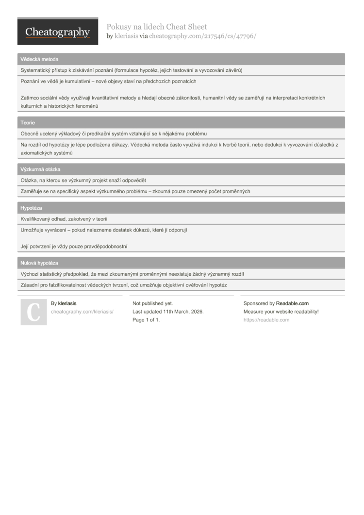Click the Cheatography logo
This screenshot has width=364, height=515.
[x=58, y=32]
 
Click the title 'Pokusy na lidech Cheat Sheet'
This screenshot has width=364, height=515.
[x=157, y=27]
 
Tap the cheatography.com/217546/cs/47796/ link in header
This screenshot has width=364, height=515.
[x=202, y=36]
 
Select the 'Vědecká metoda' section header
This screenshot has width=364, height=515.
[x=39, y=59]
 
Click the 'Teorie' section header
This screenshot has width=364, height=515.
[x=28, y=123]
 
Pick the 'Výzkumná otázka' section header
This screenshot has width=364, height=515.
[x=40, y=169]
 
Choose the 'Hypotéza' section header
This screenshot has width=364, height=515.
[x=31, y=208]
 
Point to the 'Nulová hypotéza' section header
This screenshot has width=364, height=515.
[x=39, y=263]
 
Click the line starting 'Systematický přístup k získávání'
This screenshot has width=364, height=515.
[x=131, y=70]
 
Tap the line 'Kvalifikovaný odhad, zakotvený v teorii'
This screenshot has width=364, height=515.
[x=64, y=219]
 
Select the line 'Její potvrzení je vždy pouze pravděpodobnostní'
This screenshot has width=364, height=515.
[x=74, y=246]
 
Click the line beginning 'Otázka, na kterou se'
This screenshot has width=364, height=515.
[x=83, y=181]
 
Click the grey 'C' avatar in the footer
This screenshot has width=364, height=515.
[x=33, y=312]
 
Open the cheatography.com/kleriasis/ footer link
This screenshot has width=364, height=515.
[x=82, y=312]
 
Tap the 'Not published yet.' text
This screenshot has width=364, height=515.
[x=152, y=303]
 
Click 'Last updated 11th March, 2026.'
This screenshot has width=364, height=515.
[x=168, y=312]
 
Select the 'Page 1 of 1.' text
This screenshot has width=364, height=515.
[x=146, y=320]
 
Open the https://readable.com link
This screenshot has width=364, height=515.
[x=266, y=320]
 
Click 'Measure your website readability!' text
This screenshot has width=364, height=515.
[x=281, y=312]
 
